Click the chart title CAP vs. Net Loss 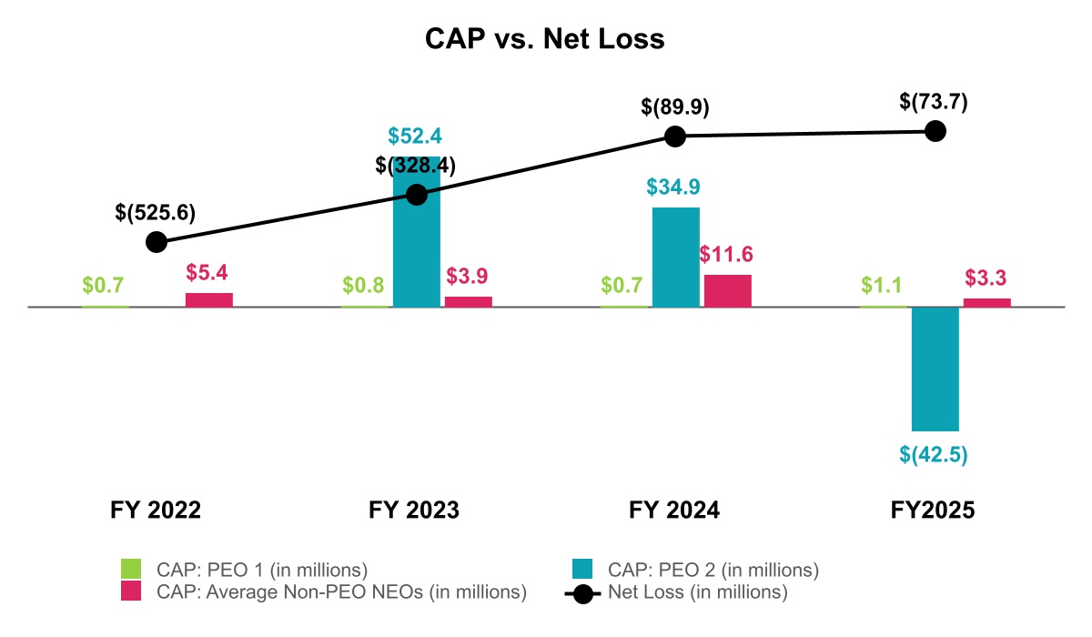(x=545, y=40)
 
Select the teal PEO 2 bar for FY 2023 (x=416, y=246)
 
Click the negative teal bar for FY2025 (x=935, y=369)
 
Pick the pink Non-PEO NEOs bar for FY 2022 (x=209, y=299)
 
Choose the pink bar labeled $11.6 (x=728, y=290)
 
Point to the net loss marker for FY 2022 (x=157, y=242)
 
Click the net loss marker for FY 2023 (x=416, y=195)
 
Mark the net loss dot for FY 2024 (x=674, y=136)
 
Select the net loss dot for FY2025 (x=935, y=132)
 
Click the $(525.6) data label (x=156, y=212)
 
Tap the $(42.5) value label (x=935, y=454)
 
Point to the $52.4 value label (x=415, y=136)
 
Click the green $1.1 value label (x=881, y=285)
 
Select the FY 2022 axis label (x=156, y=511)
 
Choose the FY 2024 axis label (x=674, y=511)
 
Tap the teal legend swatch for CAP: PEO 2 (x=582, y=570)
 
